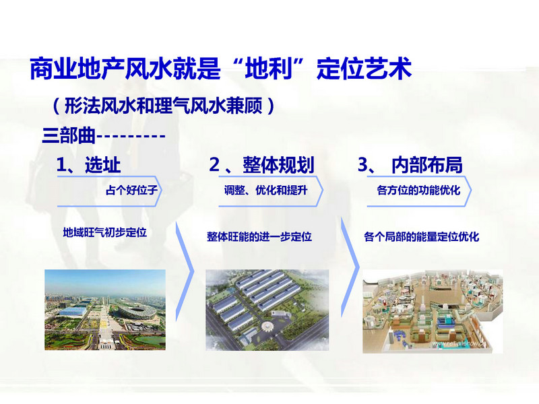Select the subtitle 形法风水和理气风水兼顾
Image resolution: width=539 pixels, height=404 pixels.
pos(164,106)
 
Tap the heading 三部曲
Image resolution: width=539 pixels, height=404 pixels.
pos(69,135)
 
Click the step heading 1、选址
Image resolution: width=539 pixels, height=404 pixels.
pos(88,165)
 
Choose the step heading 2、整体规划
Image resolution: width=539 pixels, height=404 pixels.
pos(261,165)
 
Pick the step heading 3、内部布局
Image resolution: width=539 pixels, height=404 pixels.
pos(410,165)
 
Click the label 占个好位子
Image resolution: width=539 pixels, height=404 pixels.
pos(131,190)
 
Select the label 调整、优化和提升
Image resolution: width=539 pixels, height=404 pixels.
pos(265,190)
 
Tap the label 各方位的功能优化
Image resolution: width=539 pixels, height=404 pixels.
pos(418,190)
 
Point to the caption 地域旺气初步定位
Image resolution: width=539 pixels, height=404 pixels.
pos(105,232)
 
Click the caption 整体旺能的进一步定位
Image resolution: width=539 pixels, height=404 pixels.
pos(259,237)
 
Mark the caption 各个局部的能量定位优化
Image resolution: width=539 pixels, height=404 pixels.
pos(422,237)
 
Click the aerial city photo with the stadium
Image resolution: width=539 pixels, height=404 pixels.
pos(105,310)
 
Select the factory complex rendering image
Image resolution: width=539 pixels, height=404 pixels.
pos(267,310)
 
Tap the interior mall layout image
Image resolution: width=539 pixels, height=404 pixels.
pos(433,311)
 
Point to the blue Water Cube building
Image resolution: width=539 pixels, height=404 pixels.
pos(72,311)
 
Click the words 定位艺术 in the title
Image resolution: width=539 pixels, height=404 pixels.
pos(364,69)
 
